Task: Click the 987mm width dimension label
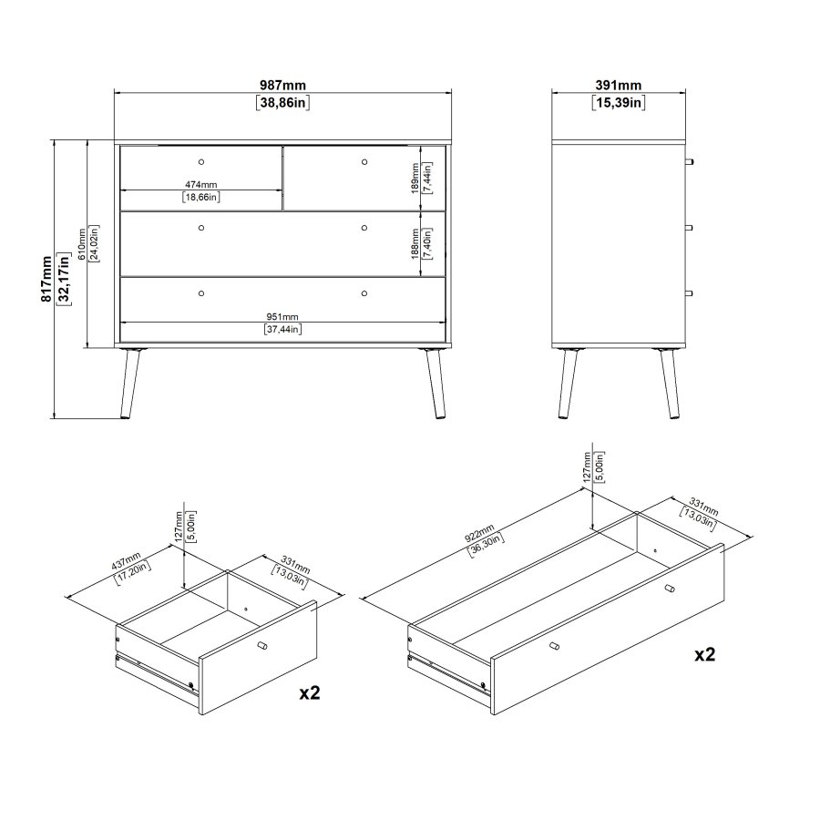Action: pyautogui.click(x=282, y=85)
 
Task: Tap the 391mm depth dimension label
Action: pyautogui.click(x=619, y=85)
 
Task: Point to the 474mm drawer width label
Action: pyautogui.click(x=201, y=184)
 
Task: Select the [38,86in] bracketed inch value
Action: pyautogui.click(x=282, y=103)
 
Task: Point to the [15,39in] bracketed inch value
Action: pyautogui.click(x=619, y=103)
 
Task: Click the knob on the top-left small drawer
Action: pyautogui.click(x=201, y=162)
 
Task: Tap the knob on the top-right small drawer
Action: pyautogui.click(x=364, y=162)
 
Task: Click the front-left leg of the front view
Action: pyautogui.click(x=130, y=384)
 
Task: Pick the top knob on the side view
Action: pyautogui.click(x=691, y=161)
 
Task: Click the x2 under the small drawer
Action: pyautogui.click(x=310, y=693)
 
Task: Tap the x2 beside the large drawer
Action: pyautogui.click(x=704, y=654)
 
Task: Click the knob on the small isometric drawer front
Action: pyautogui.click(x=262, y=647)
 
